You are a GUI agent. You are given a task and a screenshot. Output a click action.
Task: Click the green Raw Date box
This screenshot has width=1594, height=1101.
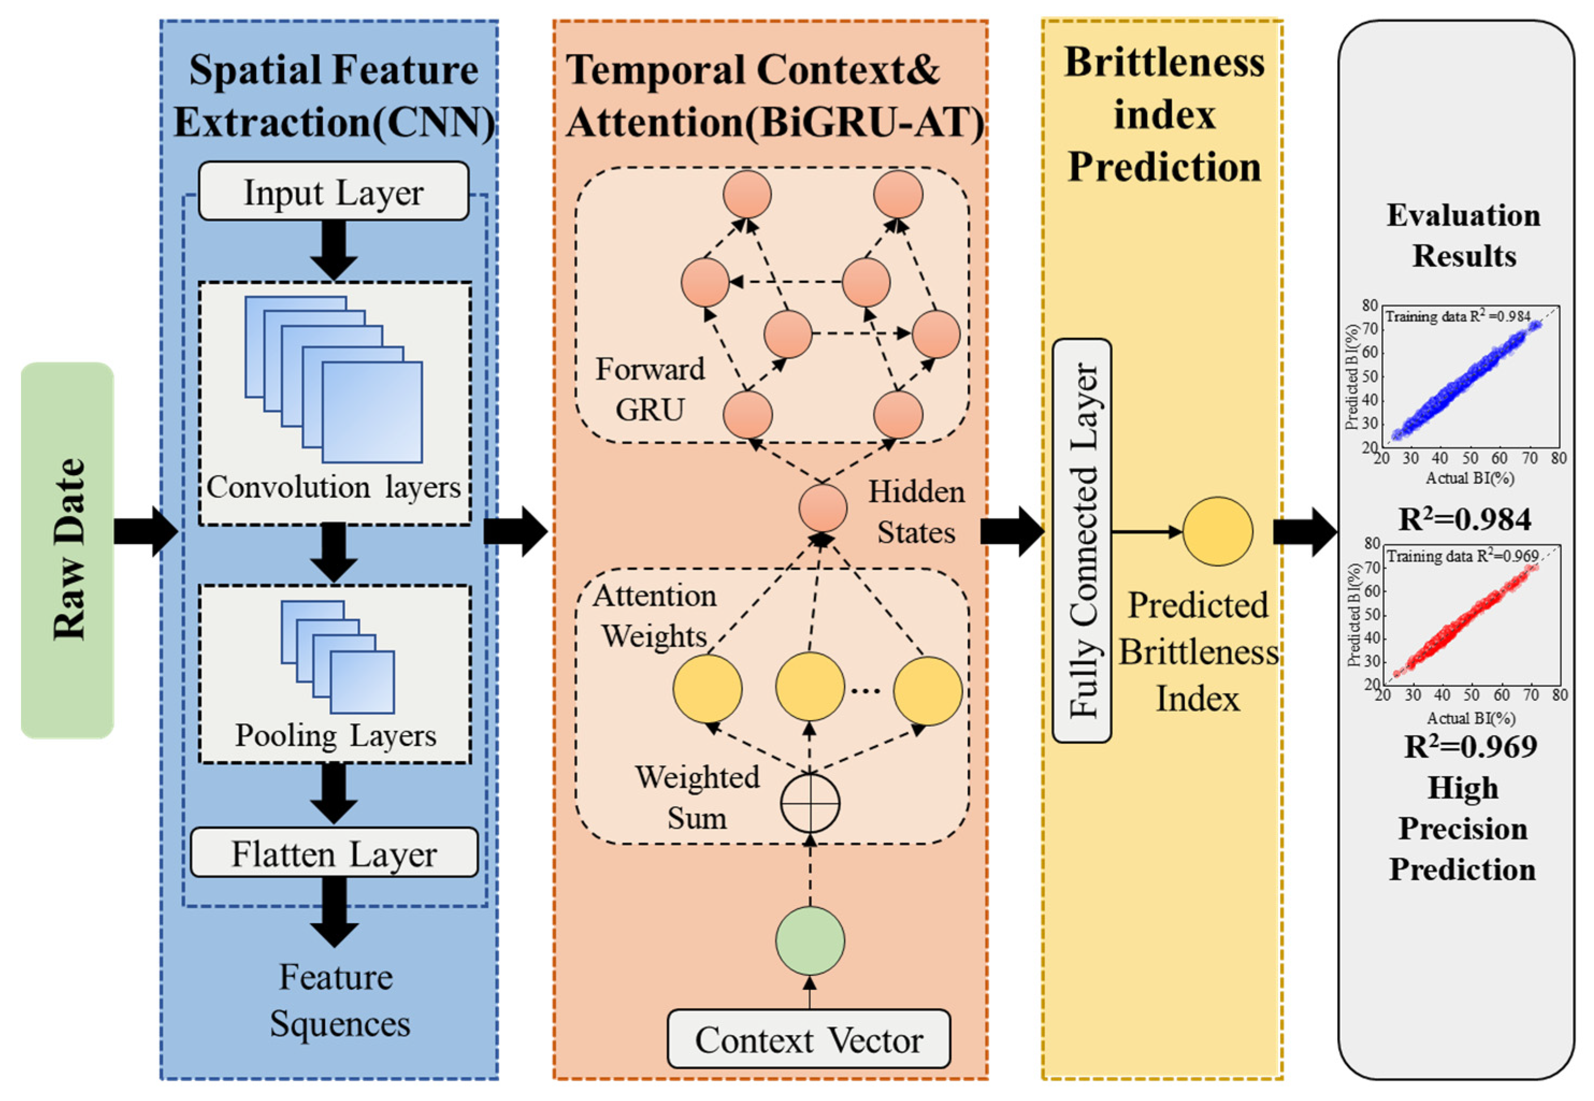[67, 550]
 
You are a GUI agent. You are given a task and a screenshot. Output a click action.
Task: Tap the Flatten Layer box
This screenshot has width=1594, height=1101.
[334, 853]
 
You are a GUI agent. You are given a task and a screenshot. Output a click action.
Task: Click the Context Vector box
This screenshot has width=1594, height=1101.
[808, 1039]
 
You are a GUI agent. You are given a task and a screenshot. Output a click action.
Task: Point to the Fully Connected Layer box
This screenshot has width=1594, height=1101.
[1082, 540]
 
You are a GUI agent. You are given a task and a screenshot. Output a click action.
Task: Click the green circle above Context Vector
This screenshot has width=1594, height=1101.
[810, 941]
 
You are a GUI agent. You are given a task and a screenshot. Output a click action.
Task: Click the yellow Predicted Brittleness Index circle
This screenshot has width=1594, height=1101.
[1218, 531]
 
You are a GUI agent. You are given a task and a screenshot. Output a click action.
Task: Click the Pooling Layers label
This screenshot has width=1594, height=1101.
[335, 735]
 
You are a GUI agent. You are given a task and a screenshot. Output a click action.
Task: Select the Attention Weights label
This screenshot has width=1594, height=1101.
[654, 616]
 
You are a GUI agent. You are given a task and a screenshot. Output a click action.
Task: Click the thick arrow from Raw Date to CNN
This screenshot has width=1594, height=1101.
[146, 531]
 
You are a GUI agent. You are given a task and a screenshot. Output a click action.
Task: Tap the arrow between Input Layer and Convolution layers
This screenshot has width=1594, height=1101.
[334, 250]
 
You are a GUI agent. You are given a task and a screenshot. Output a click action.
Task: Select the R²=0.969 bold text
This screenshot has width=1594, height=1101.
[1470, 747]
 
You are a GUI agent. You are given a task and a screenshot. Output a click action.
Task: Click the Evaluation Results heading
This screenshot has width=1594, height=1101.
[1463, 235]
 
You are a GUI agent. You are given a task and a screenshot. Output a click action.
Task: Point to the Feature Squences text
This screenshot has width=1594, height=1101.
[338, 1000]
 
